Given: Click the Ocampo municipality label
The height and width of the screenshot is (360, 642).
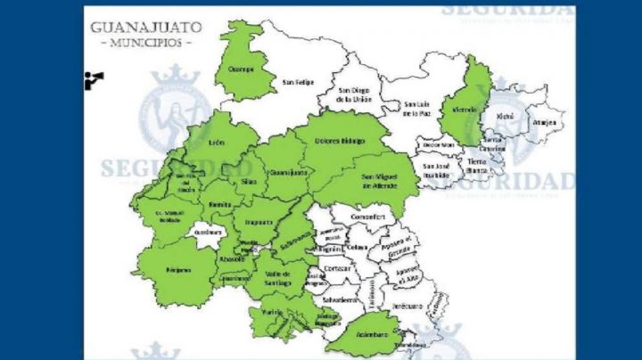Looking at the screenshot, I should tap(244, 70).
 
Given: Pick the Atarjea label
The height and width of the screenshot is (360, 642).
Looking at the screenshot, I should tap(544, 123).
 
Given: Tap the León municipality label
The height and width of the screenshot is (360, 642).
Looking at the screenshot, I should tap(216, 143).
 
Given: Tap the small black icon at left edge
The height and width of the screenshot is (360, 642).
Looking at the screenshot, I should tap(94, 79).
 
